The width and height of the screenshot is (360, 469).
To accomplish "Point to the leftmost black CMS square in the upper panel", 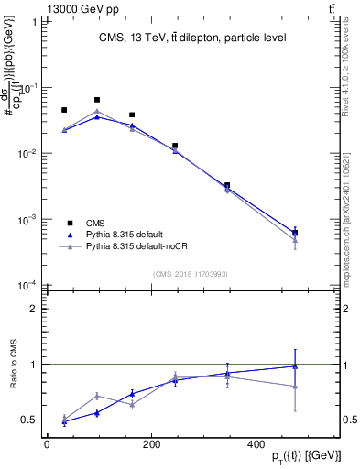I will [64, 110].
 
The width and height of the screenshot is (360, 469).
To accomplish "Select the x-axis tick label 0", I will [47, 445].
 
